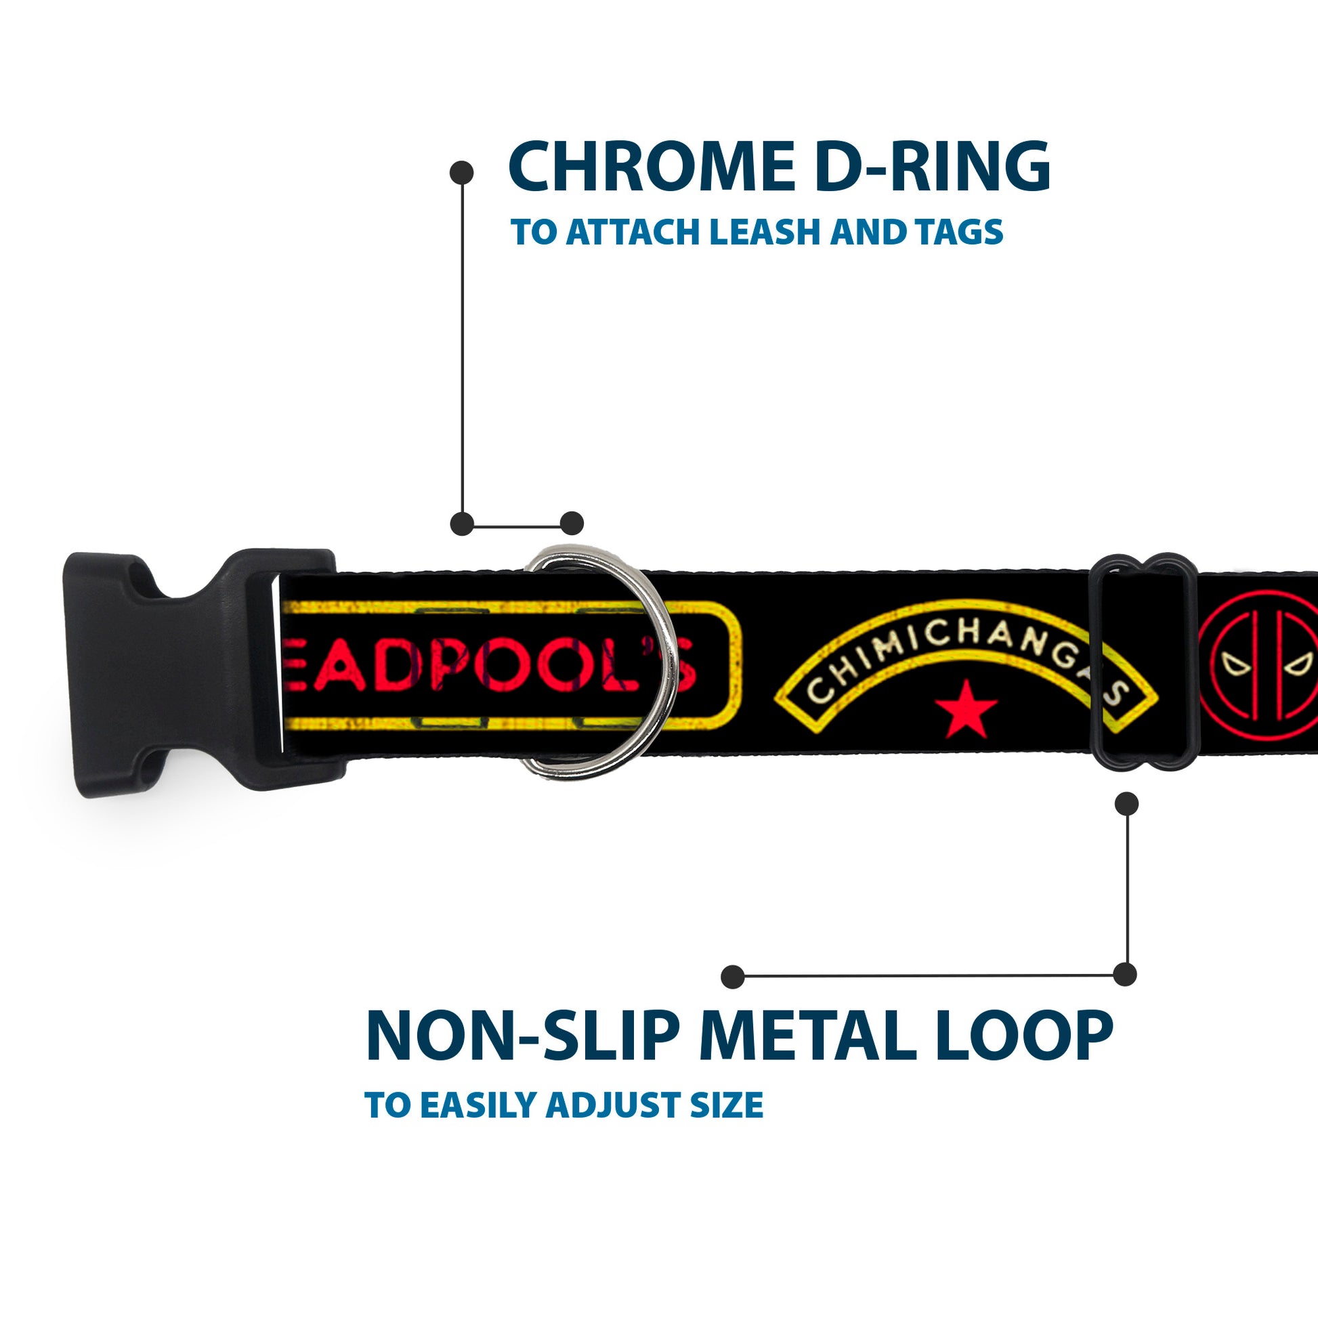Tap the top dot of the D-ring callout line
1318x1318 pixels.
pyautogui.click(x=462, y=173)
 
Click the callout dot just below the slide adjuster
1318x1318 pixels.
pyautogui.click(x=1126, y=805)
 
